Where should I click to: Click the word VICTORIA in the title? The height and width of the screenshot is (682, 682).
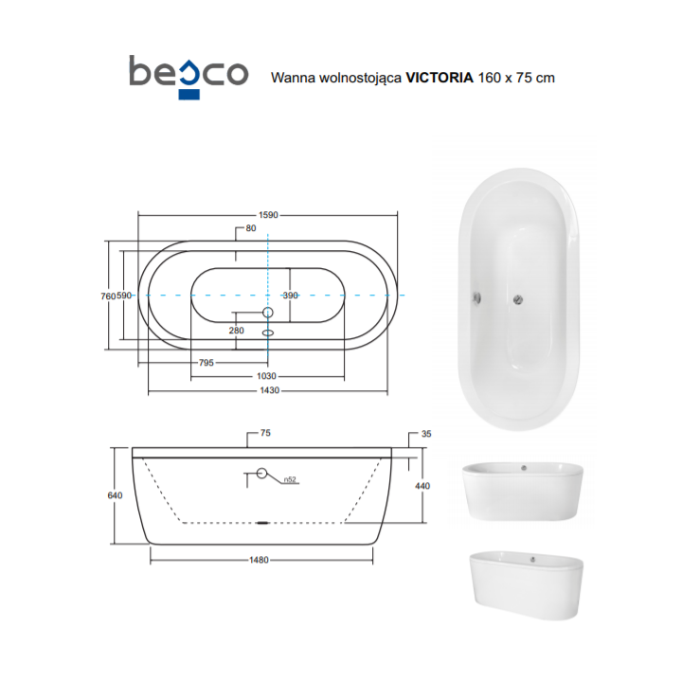(440, 78)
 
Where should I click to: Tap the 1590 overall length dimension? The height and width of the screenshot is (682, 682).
(268, 215)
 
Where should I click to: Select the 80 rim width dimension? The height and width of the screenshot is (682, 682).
(251, 228)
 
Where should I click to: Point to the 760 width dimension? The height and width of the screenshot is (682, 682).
(108, 296)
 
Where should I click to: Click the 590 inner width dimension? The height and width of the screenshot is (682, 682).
(124, 296)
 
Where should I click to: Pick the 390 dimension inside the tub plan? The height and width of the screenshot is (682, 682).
(291, 296)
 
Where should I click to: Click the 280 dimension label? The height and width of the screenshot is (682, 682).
(236, 331)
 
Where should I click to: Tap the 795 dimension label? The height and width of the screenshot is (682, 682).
(206, 363)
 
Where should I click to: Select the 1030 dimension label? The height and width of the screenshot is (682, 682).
(266, 376)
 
